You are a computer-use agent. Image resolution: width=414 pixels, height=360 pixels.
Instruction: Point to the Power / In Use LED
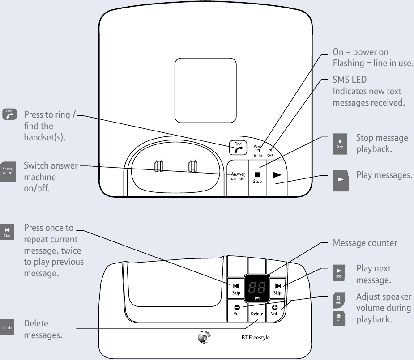click(258, 151)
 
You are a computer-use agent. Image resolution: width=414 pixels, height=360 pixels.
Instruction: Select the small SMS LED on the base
click(270, 151)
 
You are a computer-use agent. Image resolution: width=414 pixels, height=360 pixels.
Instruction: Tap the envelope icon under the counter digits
click(257, 298)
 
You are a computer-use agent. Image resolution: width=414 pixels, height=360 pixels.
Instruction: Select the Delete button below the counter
click(256, 313)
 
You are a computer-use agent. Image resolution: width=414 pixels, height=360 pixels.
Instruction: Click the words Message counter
click(364, 243)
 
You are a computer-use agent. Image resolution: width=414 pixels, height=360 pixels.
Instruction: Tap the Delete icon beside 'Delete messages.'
click(8, 327)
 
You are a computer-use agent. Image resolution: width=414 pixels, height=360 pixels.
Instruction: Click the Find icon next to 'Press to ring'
click(9, 114)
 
